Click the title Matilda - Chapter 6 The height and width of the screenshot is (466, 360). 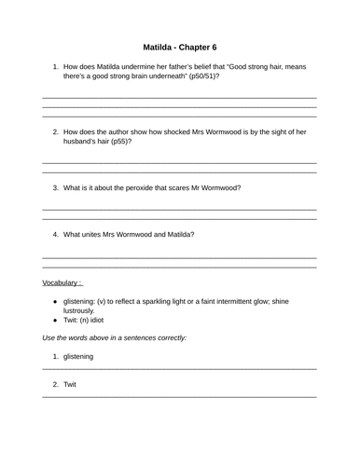180,47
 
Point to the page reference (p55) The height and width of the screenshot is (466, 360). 115,143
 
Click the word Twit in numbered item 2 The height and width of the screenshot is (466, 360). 70,383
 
